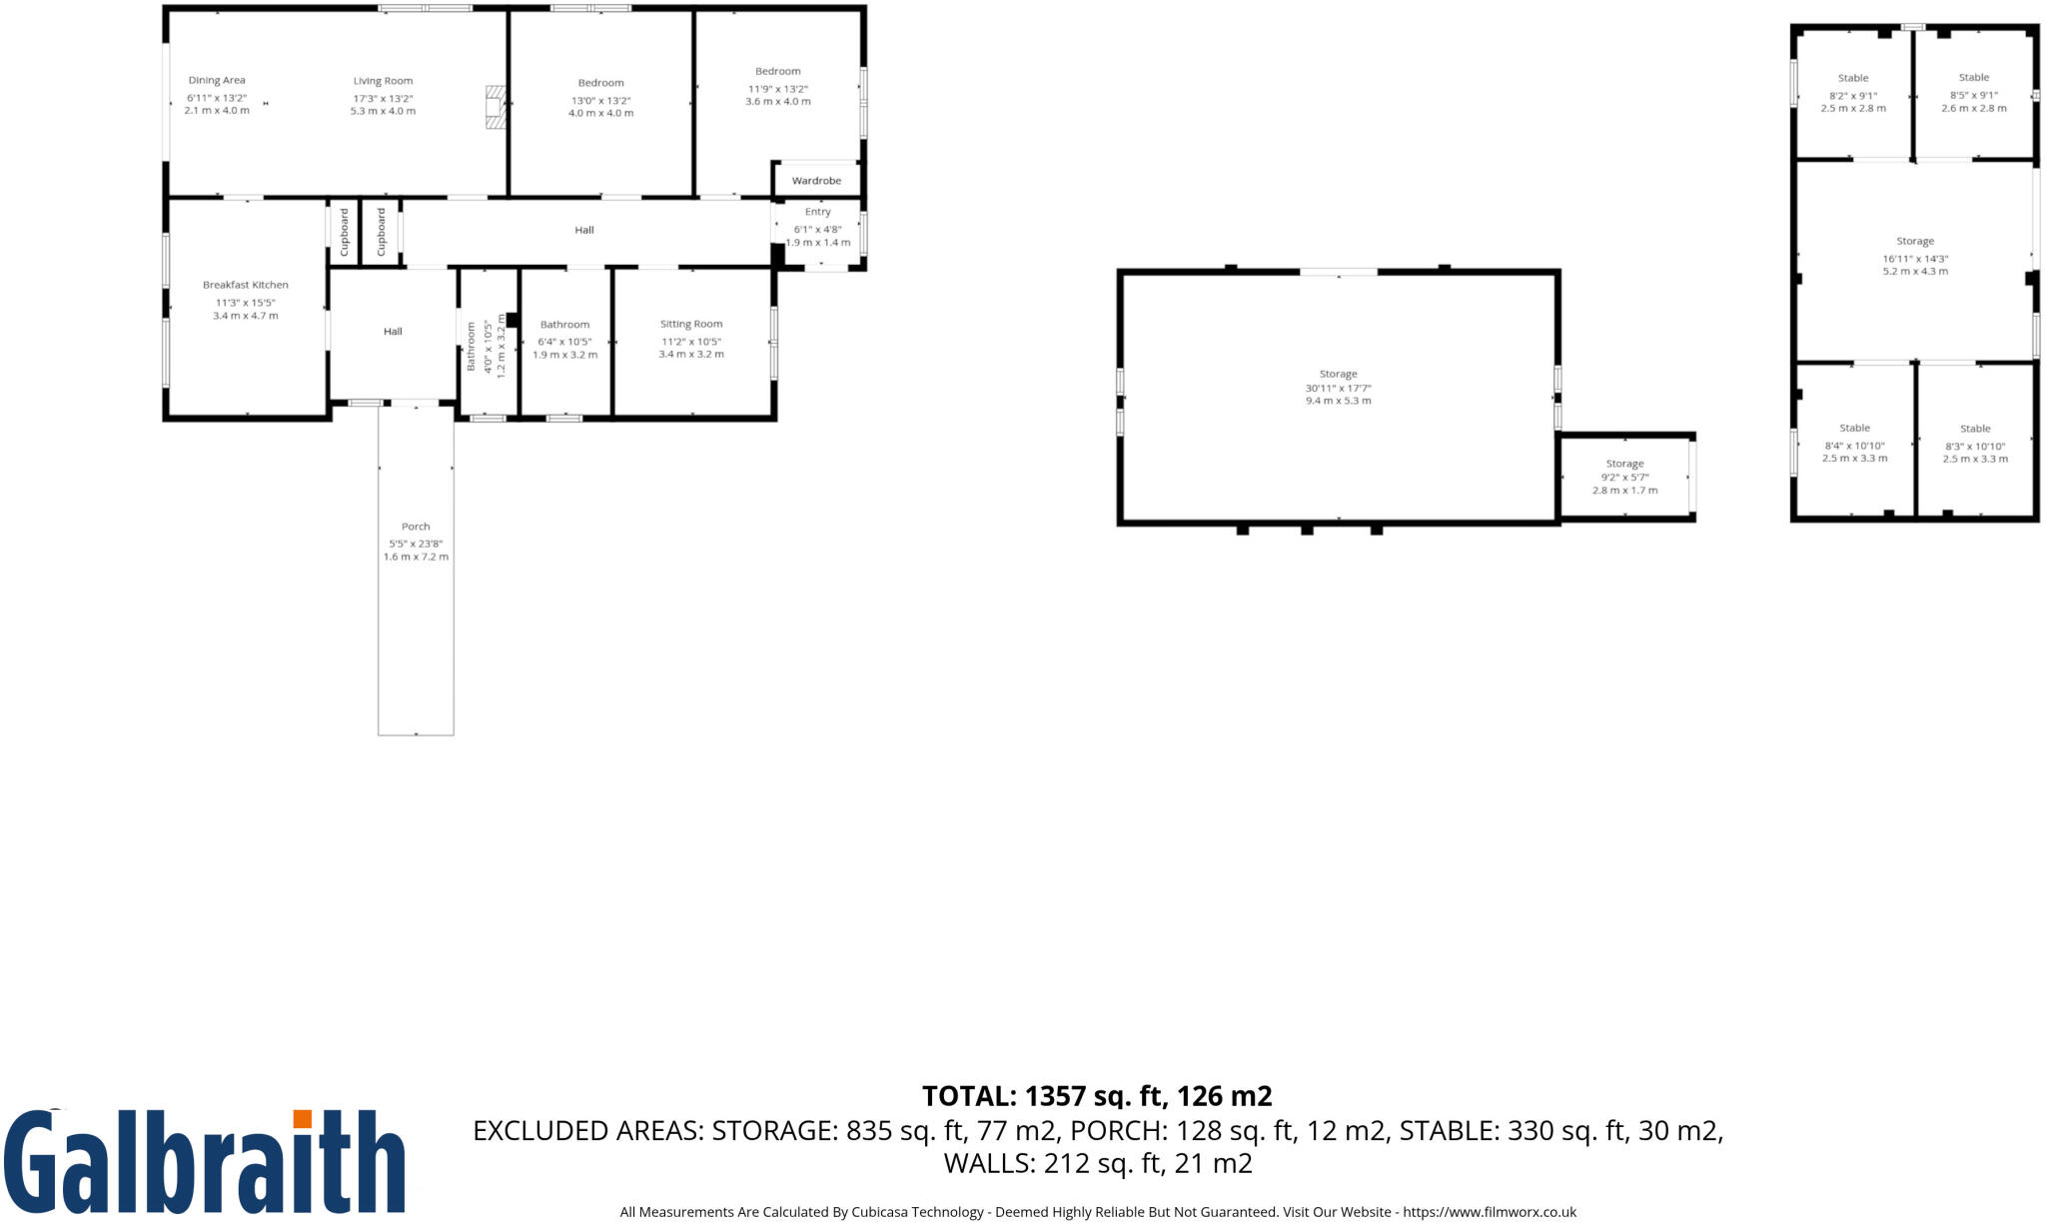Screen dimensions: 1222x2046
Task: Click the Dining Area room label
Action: (x=217, y=81)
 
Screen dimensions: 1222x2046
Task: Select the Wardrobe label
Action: (x=816, y=181)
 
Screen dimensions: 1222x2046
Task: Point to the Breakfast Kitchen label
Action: (x=245, y=285)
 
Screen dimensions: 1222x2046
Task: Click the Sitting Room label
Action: (x=690, y=324)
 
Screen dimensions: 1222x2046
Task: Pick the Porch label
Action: (x=416, y=527)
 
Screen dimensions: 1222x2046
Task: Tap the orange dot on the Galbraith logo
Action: (x=302, y=1118)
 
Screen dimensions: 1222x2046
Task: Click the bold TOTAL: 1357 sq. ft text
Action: (x=1096, y=1096)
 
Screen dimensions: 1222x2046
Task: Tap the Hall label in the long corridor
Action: (x=584, y=230)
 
